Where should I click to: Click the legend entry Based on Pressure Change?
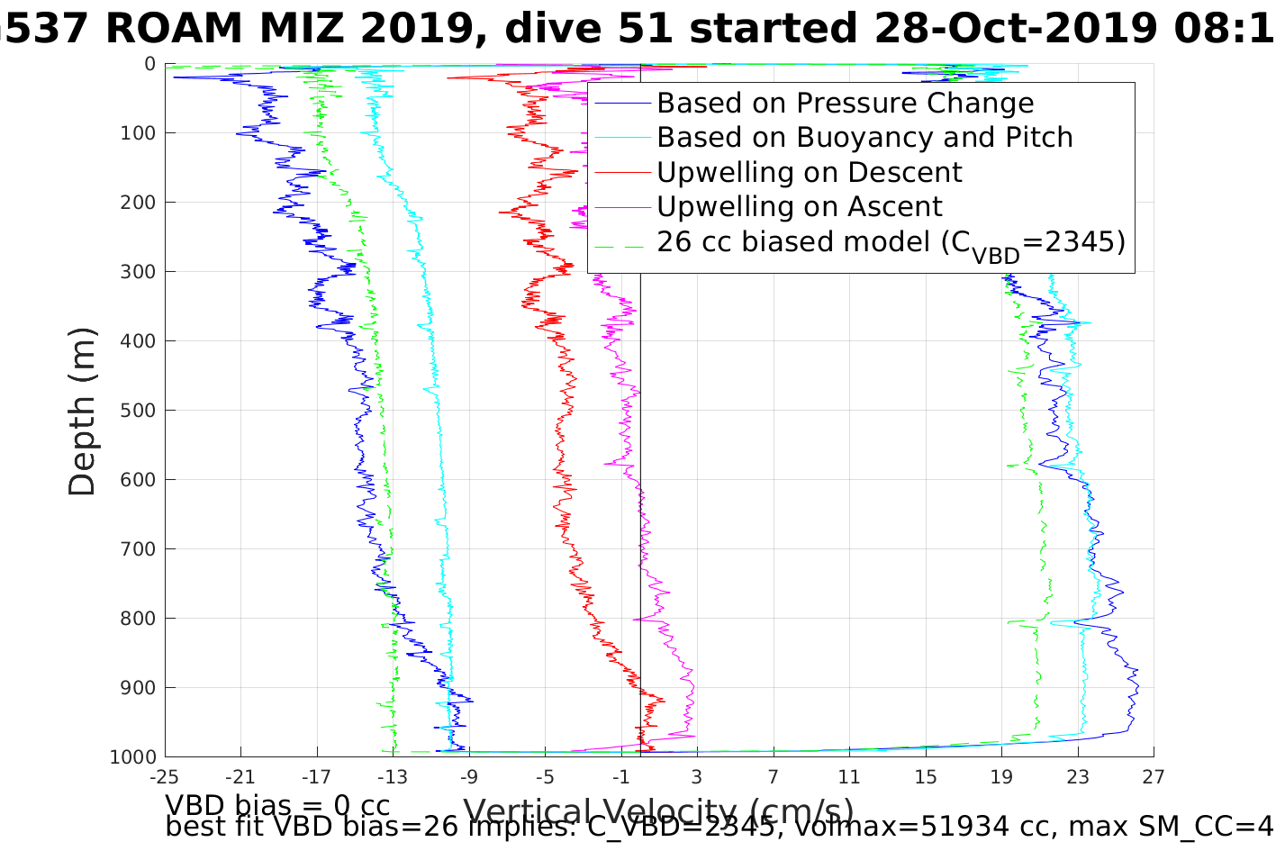pyautogui.click(x=845, y=104)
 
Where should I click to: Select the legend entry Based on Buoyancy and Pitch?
pyautogui.click(x=864, y=138)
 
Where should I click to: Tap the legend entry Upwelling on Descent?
pyautogui.click(x=809, y=172)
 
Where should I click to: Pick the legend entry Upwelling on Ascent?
pyautogui.click(x=799, y=206)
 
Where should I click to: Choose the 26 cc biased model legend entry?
pyautogui.click(x=891, y=242)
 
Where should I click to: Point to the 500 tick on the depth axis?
pyautogui.click(x=137, y=410)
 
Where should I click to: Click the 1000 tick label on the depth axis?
pyautogui.click(x=132, y=756)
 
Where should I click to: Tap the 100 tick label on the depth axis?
pyautogui.click(x=137, y=133)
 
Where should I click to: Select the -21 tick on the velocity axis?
pyautogui.click(x=240, y=776)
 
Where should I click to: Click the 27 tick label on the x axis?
pyautogui.click(x=1154, y=776)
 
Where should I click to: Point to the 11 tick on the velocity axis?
pyautogui.click(x=848, y=776)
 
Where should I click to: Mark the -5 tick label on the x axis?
pyautogui.click(x=544, y=776)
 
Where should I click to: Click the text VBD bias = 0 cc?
pyautogui.click(x=277, y=804)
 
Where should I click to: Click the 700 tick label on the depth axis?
pyautogui.click(x=137, y=548)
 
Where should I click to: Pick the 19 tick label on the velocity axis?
pyautogui.click(x=1001, y=776)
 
